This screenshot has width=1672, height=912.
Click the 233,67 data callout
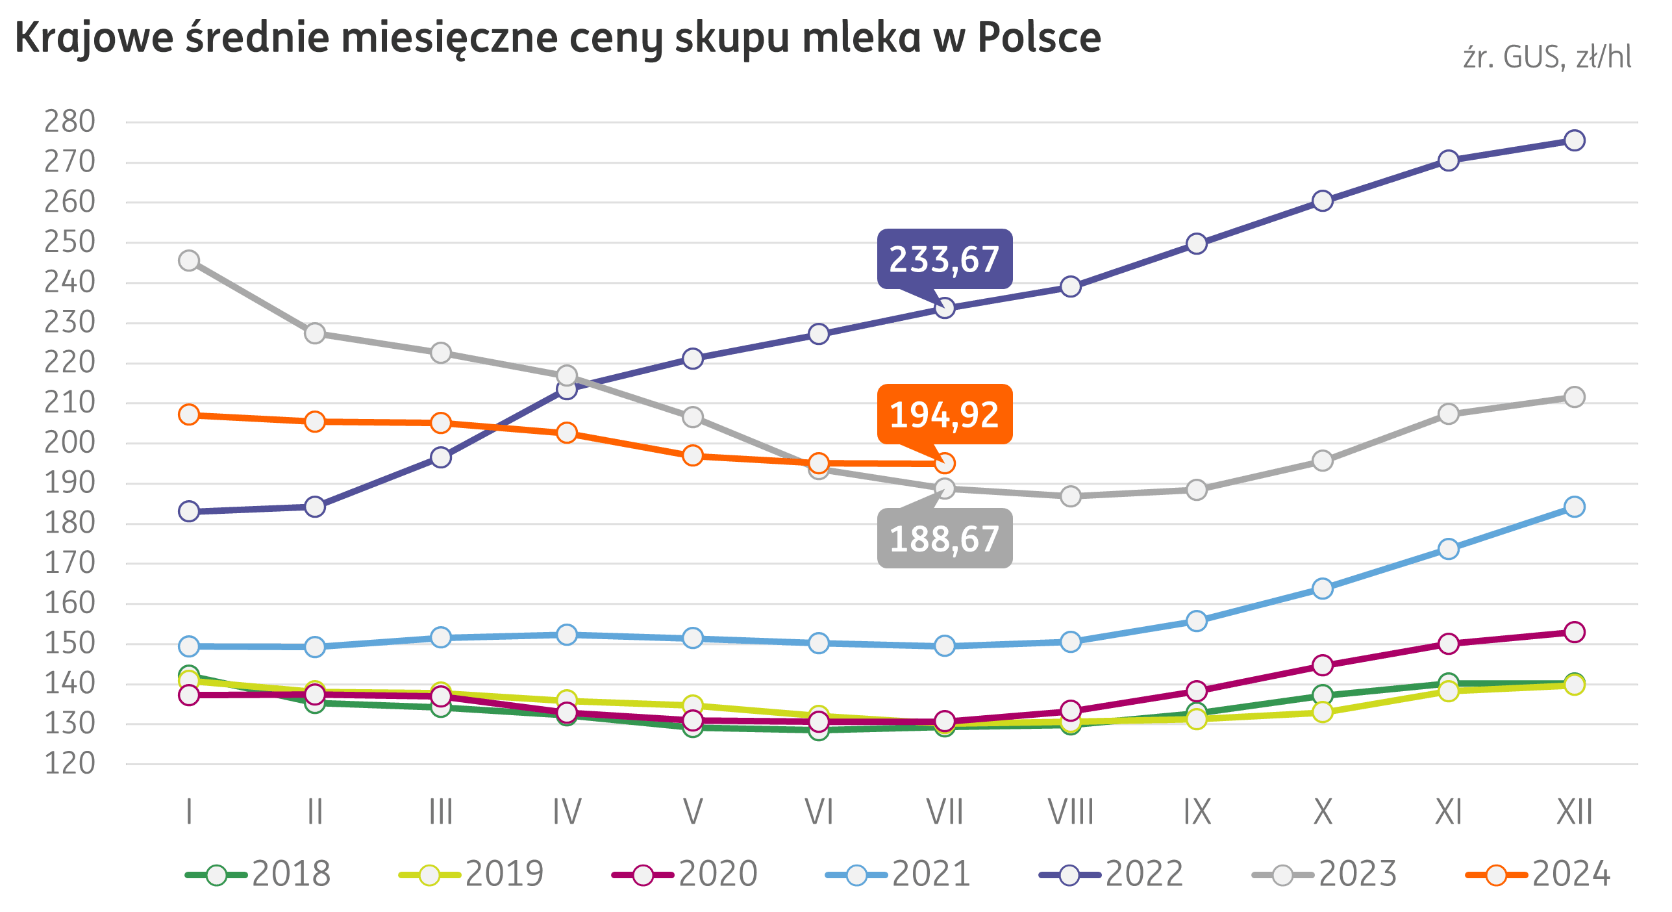click(944, 259)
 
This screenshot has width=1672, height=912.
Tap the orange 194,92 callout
click(944, 414)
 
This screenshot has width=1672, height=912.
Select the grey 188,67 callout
click(944, 538)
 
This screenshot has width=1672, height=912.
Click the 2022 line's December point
click(1574, 140)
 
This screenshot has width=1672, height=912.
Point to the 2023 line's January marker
click(189, 260)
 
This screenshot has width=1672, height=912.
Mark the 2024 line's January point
click(189, 414)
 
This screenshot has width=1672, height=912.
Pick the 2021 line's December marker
click(1574, 507)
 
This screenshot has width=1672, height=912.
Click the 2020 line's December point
click(1574, 632)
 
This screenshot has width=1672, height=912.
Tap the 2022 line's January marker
click(189, 511)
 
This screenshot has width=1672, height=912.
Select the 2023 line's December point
click(1574, 397)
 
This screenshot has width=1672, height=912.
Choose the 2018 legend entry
click(260, 874)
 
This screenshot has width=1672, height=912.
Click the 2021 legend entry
click(899, 874)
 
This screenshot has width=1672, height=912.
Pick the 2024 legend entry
click(1539, 874)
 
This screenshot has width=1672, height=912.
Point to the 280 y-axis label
click(69, 121)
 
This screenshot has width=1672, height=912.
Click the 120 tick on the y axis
click(69, 764)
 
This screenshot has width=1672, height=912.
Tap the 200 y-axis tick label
click(69, 443)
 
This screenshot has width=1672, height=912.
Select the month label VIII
click(1071, 812)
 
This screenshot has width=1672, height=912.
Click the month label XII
click(1575, 812)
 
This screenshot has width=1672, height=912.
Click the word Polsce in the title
click(1039, 38)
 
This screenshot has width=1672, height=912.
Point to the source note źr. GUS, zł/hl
click(1547, 58)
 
